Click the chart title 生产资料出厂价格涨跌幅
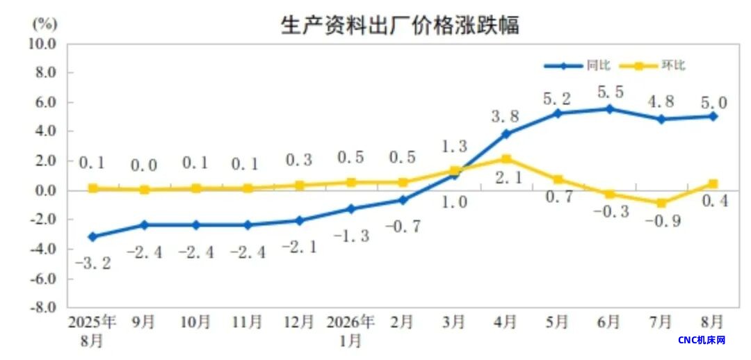point(399,25)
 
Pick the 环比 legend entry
point(652,65)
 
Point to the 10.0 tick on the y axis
point(44,44)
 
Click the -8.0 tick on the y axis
point(44,307)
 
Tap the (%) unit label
point(45,22)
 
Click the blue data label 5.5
point(611,92)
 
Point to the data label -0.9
point(662,222)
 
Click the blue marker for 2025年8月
point(93,236)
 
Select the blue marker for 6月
point(609,109)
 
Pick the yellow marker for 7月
point(661,204)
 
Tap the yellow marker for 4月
point(506,159)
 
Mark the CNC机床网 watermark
point(702,341)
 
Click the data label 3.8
point(505,116)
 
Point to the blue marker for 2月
point(403,200)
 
